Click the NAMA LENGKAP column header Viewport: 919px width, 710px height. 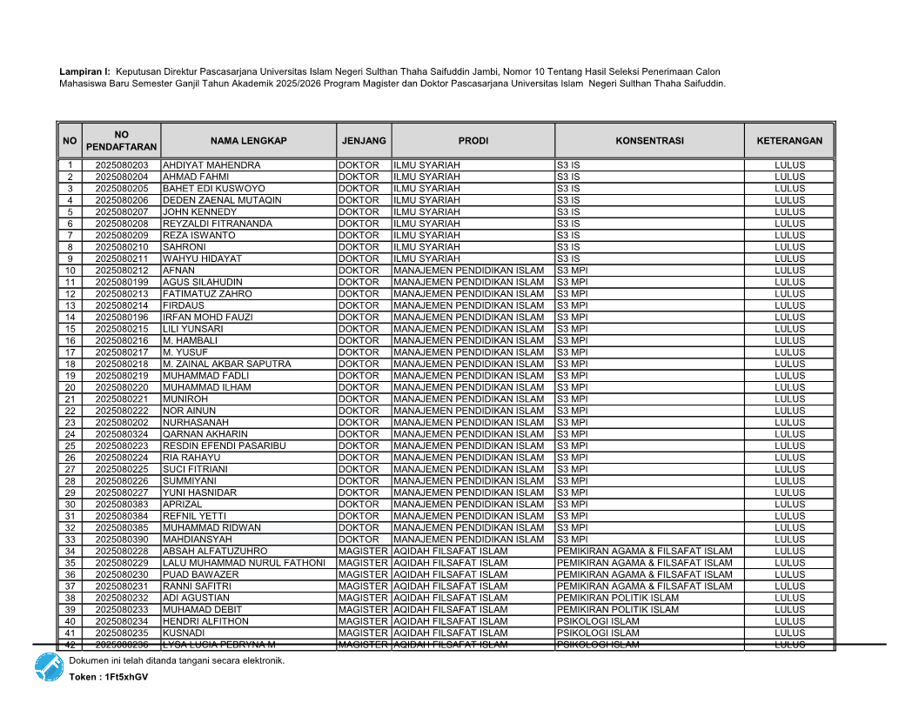(x=248, y=141)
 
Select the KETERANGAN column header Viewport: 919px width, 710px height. (x=789, y=141)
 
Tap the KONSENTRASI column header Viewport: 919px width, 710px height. (x=649, y=141)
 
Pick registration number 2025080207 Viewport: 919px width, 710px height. (x=122, y=212)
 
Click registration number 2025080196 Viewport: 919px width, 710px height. (x=122, y=318)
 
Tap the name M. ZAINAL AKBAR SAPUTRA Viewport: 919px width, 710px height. (x=226, y=365)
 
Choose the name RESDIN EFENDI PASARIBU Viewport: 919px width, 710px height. (x=225, y=446)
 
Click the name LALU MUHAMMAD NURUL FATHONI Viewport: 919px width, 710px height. (x=244, y=563)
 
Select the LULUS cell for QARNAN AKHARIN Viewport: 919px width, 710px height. (x=789, y=434)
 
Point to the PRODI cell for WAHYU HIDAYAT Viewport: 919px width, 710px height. (x=426, y=259)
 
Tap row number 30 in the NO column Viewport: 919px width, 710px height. (x=70, y=505)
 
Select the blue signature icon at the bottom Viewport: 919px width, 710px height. (x=49, y=666)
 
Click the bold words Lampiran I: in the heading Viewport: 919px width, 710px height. (x=84, y=71)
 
